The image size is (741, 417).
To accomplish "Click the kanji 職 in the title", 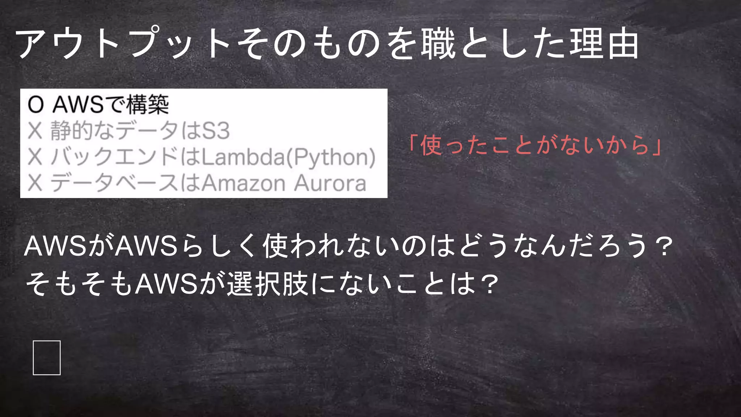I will (439, 44).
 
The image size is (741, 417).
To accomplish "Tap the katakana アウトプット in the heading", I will (123, 44).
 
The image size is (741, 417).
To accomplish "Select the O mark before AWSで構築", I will (35, 105).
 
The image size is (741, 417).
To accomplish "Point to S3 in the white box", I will (216, 131).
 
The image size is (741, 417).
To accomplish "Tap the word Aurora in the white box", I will (330, 183).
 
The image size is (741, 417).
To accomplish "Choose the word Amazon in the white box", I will (243, 183).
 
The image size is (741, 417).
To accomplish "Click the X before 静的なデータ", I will (35, 131).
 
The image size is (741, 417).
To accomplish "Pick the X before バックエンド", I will (35, 157).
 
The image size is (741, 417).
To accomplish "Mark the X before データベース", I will (35, 183).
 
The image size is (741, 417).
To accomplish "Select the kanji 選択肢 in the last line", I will (268, 284).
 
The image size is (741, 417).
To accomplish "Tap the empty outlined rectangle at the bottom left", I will (47, 358).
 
